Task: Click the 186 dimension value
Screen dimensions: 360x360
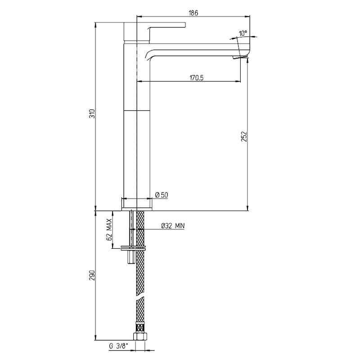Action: pos(193,13)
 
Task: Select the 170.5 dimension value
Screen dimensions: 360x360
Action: pos(197,78)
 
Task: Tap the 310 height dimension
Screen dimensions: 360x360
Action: pos(92,113)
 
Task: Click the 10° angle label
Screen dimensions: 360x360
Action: pos(243,33)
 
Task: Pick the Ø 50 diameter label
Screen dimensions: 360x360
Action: pos(162,195)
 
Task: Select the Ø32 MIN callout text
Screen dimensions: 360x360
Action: pos(173,226)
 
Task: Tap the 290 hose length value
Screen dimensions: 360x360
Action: pos(92,275)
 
